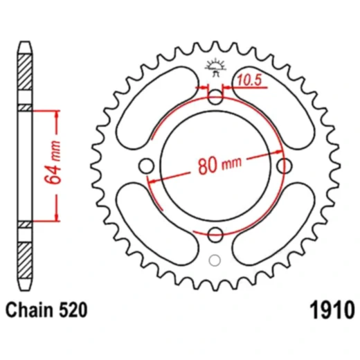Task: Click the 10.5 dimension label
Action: click(250, 80)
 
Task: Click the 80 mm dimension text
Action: click(220, 165)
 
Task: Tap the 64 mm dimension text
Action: click(53, 162)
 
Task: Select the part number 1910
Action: click(332, 310)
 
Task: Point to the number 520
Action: click(73, 310)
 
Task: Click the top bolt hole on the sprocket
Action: click(215, 97)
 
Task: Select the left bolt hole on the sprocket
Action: click(147, 166)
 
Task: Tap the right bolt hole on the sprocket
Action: click(284, 166)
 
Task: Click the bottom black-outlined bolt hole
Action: click(215, 235)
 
